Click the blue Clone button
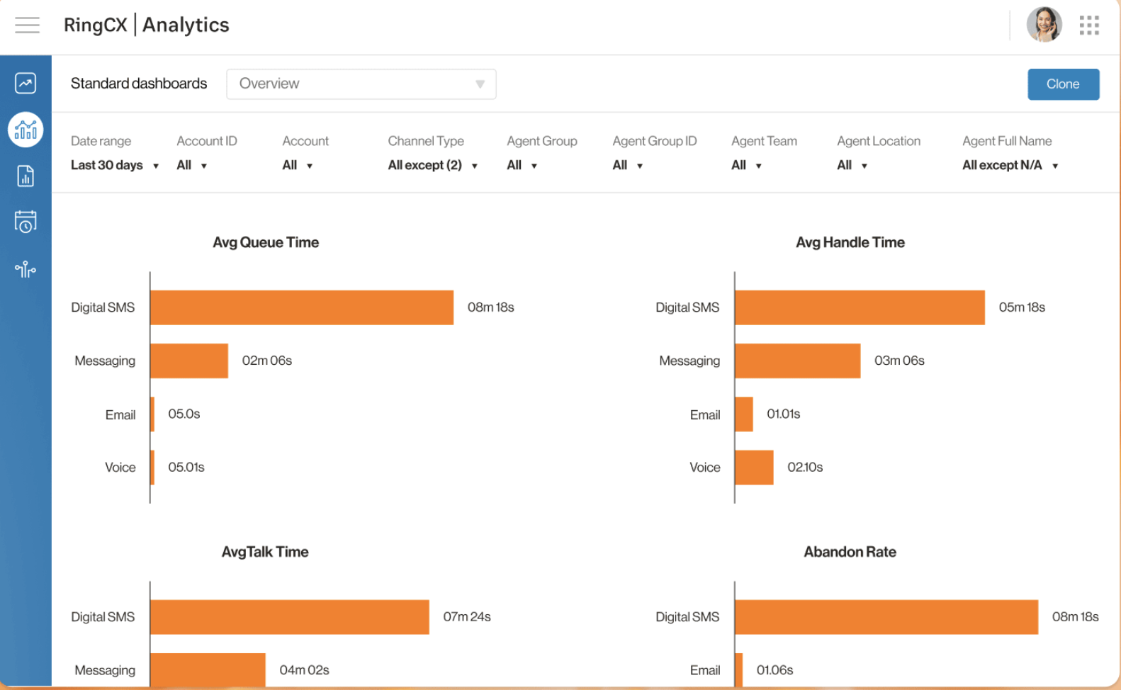(1063, 84)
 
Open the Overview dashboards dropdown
(361, 84)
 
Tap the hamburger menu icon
(27, 26)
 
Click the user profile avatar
(1044, 26)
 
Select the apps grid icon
(1089, 26)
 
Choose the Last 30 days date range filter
(114, 165)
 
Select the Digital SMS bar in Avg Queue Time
(301, 307)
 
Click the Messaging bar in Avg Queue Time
(189, 361)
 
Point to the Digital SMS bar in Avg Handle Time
(860, 307)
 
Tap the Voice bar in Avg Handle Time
(754, 468)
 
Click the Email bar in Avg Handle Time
(744, 414)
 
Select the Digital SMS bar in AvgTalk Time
(289, 617)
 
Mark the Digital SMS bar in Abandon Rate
(886, 617)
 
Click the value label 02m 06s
(267, 361)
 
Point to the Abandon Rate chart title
(850, 552)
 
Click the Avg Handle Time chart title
(850, 242)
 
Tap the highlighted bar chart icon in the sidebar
(26, 130)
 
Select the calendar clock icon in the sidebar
(26, 222)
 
